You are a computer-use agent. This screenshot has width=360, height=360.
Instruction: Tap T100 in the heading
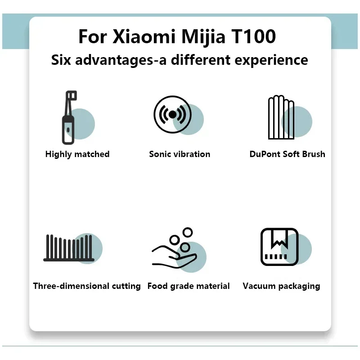(253, 36)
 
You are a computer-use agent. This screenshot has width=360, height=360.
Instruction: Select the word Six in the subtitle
(61, 60)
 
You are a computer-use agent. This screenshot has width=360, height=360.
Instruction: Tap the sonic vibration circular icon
(172, 114)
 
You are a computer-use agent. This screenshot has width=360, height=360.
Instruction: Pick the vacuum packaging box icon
(279, 247)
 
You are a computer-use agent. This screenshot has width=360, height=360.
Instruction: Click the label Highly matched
(77, 154)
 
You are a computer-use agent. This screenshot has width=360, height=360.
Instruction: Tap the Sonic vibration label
(180, 154)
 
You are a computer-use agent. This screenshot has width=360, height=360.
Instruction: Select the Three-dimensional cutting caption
(87, 286)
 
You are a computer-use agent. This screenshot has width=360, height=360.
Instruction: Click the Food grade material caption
(189, 286)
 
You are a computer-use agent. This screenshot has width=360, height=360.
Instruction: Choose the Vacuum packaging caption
(281, 286)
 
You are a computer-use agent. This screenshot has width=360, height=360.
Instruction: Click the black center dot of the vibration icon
(172, 114)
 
